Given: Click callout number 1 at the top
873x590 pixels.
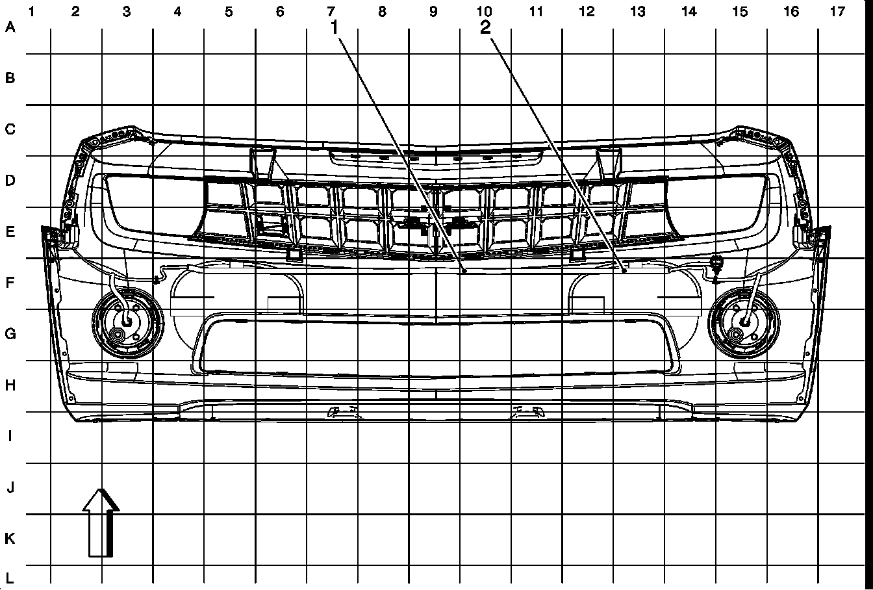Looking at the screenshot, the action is tap(335, 27).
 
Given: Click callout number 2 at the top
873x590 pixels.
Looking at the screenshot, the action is tap(486, 27).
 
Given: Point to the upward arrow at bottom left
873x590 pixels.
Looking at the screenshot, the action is tap(101, 522).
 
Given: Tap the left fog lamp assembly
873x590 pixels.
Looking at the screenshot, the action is tap(127, 321).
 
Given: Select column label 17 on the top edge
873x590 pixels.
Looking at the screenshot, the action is tap(838, 11).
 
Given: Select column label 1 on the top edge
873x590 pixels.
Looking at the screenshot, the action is tap(31, 11).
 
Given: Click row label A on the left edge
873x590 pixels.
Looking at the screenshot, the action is tap(10, 27).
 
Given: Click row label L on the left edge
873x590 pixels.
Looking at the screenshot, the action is tap(10, 577).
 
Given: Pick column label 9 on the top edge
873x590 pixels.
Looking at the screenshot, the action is tap(433, 11).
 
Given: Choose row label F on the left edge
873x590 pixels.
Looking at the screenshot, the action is tap(10, 283).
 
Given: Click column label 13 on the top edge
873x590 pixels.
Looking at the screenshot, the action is tap(637, 11).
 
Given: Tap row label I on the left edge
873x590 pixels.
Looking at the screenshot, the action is tap(10, 437).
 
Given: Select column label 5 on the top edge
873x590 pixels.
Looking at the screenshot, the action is tap(229, 11).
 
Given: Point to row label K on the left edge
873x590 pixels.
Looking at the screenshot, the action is tap(10, 539).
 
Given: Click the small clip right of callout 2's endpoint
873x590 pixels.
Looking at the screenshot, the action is tap(716, 264).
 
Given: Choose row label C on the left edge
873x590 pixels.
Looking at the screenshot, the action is tap(10, 129).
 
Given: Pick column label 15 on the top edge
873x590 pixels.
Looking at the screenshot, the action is tap(739, 11).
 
